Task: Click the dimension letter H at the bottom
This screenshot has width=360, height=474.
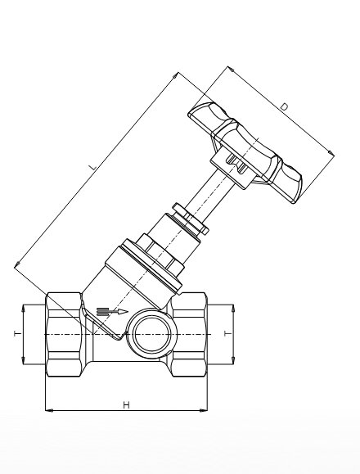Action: point(126,404)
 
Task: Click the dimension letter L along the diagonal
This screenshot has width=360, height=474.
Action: point(93,166)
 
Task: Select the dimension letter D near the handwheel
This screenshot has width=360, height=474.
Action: point(285,106)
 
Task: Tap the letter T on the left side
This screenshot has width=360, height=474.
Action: point(18,333)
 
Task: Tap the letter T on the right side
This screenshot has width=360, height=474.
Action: point(228,333)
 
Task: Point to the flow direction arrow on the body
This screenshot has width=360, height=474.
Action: point(112,312)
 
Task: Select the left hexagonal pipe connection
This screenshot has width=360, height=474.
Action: point(64,334)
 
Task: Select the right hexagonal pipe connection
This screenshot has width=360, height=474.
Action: point(189,334)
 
